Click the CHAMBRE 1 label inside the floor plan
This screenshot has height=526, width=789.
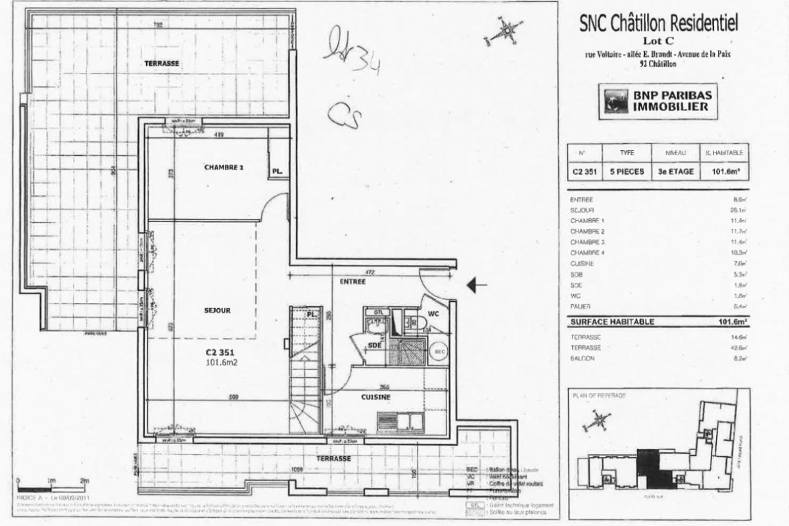point(224,168)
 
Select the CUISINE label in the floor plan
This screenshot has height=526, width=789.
point(375,398)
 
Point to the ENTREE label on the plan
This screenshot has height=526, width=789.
point(352,281)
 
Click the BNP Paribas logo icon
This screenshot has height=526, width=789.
point(615,102)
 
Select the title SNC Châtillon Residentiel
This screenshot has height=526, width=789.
point(658,24)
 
